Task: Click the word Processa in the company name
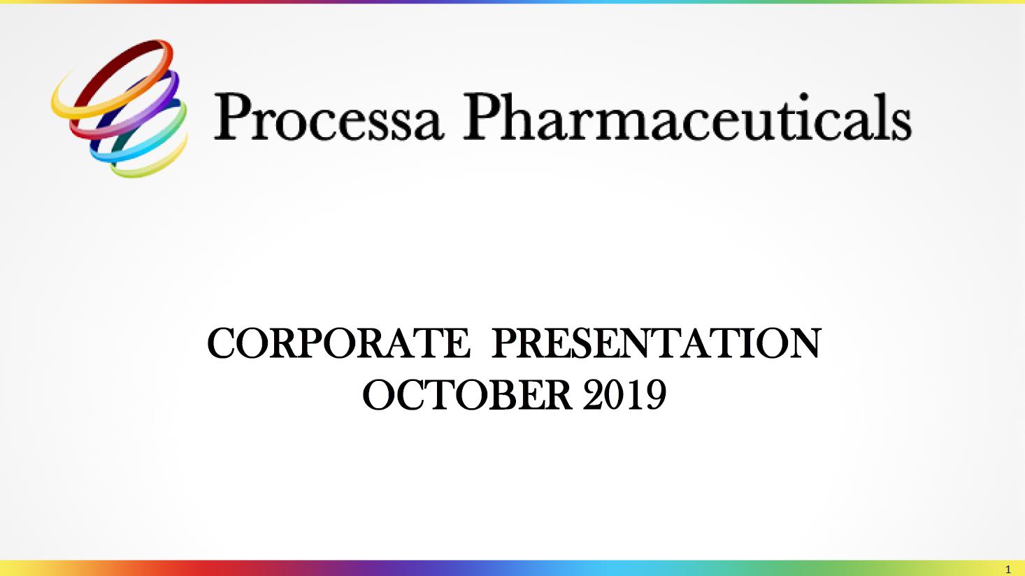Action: click(x=329, y=117)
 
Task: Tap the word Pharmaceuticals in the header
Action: click(x=687, y=117)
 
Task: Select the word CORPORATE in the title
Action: click(x=338, y=343)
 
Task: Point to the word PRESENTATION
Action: click(x=657, y=343)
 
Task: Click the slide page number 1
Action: click(x=1008, y=570)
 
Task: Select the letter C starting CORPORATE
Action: click(x=222, y=343)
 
